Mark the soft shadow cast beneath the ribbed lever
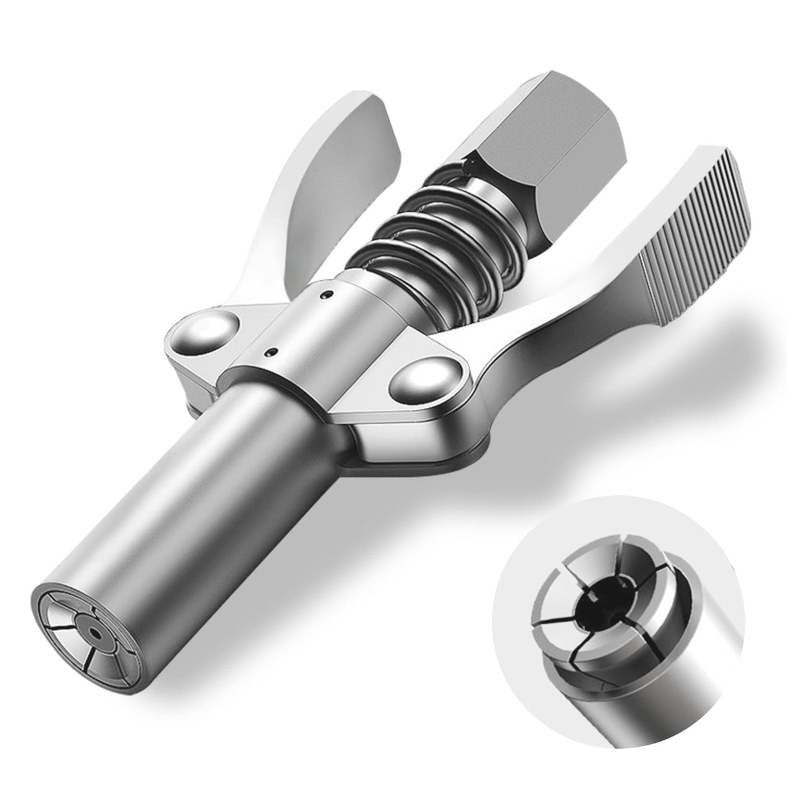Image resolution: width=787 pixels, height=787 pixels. click(648, 402)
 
